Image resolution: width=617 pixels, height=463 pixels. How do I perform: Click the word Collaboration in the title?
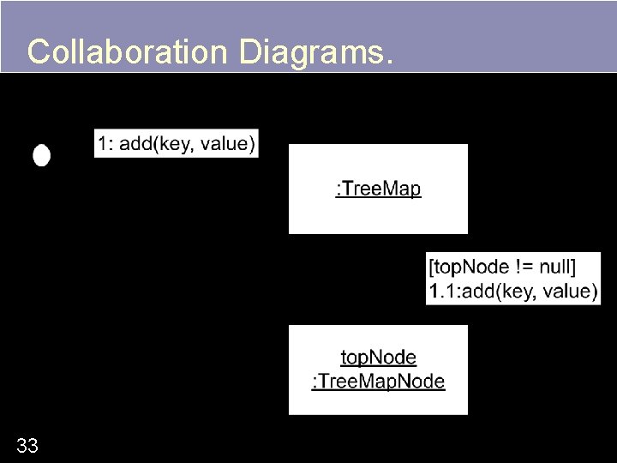tap(126, 52)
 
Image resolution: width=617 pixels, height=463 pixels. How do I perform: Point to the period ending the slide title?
tap(390, 62)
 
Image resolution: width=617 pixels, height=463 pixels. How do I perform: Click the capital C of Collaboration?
tap(38, 52)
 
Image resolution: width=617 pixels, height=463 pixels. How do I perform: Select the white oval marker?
tap(41, 155)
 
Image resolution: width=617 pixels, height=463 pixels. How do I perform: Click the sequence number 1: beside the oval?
tap(105, 144)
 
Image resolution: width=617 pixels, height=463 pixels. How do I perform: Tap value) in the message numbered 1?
tap(228, 144)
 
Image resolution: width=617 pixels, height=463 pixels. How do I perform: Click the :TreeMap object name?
tap(378, 189)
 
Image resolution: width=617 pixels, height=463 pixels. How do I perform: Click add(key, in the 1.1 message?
tap(500, 291)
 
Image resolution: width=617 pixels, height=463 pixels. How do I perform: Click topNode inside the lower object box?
tap(378, 358)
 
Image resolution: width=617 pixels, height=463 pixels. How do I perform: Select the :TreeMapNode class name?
tap(378, 382)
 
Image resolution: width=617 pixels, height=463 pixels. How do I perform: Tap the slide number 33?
tap(27, 445)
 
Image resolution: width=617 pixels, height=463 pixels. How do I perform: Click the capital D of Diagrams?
tap(249, 52)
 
